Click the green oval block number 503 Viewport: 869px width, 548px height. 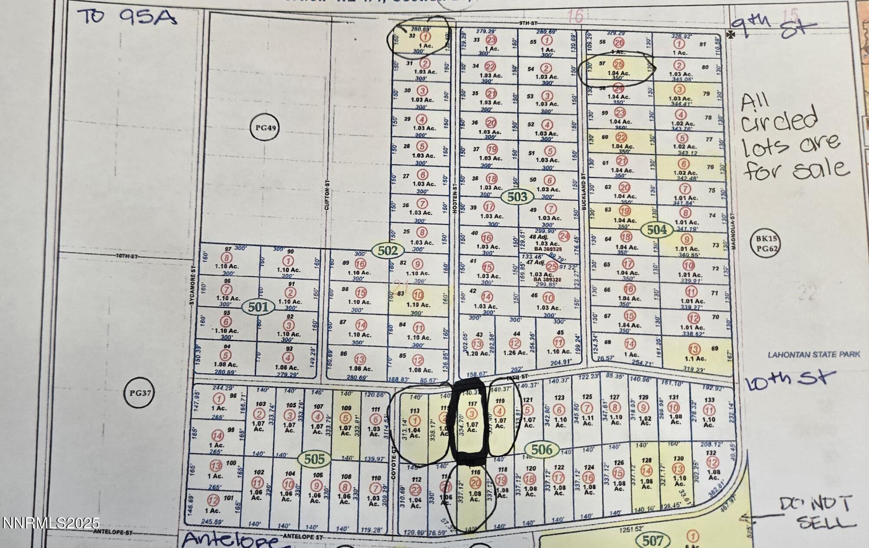[517, 197]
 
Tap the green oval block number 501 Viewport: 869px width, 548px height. [258, 307]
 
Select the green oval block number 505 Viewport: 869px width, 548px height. [314, 459]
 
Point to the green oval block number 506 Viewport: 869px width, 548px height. [541, 449]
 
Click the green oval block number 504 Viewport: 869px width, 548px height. [657, 229]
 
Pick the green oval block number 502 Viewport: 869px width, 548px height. [388, 250]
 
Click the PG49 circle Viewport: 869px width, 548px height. [265, 128]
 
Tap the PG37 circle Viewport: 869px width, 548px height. [139, 393]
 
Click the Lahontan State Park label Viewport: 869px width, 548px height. [813, 355]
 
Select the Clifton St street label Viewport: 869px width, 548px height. [327, 196]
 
